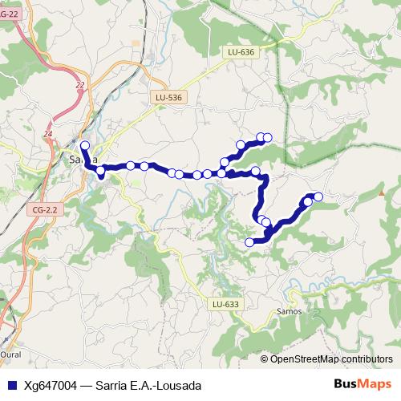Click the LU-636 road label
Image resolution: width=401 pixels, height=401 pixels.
[241, 52]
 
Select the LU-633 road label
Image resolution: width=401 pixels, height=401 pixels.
[227, 304]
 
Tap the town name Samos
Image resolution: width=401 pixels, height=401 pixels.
[288, 310]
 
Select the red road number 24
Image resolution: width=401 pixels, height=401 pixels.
[49, 133]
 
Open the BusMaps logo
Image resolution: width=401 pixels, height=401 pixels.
[362, 384]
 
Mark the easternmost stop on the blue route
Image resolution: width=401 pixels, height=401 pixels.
[318, 196]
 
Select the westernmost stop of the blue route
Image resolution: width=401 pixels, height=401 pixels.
[84, 145]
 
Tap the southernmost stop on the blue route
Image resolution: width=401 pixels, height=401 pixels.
[249, 241]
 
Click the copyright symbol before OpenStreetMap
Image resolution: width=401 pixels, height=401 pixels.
[265, 358]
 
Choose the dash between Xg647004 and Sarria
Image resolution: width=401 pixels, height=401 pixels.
[90, 385]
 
